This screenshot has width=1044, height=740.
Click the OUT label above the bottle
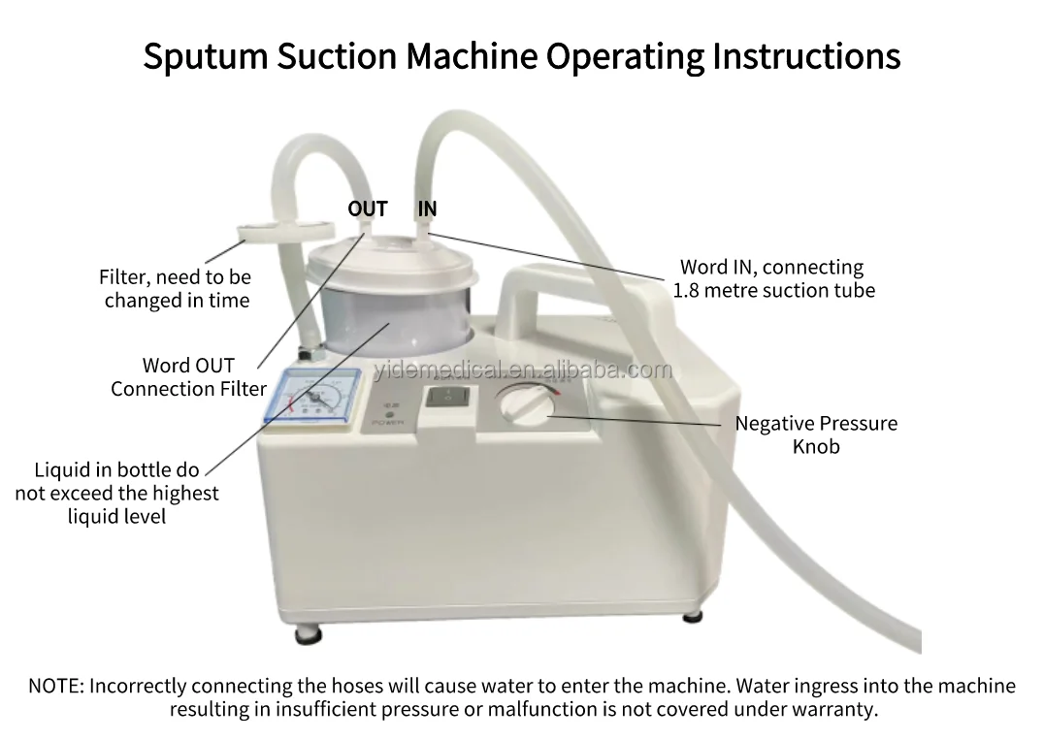click(367, 209)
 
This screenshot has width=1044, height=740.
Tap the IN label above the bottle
click(427, 209)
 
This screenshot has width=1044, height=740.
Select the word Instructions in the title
click(806, 55)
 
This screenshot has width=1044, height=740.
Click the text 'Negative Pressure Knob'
click(815, 434)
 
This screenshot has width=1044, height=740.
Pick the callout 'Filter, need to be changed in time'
click(176, 288)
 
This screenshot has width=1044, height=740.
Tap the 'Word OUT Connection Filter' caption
click(188, 377)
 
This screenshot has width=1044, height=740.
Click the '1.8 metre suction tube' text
click(773, 290)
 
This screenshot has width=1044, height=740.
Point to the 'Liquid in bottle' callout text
click(116, 493)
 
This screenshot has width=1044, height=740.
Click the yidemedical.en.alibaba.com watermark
click(521, 370)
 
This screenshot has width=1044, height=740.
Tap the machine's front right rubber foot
click(692, 616)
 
